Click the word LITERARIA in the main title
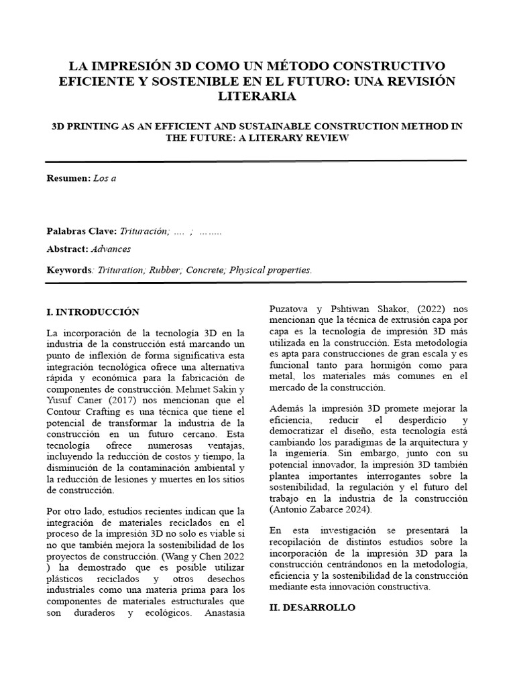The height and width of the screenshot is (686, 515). click(257, 96)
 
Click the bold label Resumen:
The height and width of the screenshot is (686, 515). click(68, 179)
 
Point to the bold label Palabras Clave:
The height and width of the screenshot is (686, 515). click(81, 231)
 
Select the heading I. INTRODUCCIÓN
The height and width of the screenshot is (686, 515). click(93, 312)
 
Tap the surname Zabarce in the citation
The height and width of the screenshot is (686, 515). click(333, 510)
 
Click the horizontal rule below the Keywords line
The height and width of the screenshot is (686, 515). click(255, 281)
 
